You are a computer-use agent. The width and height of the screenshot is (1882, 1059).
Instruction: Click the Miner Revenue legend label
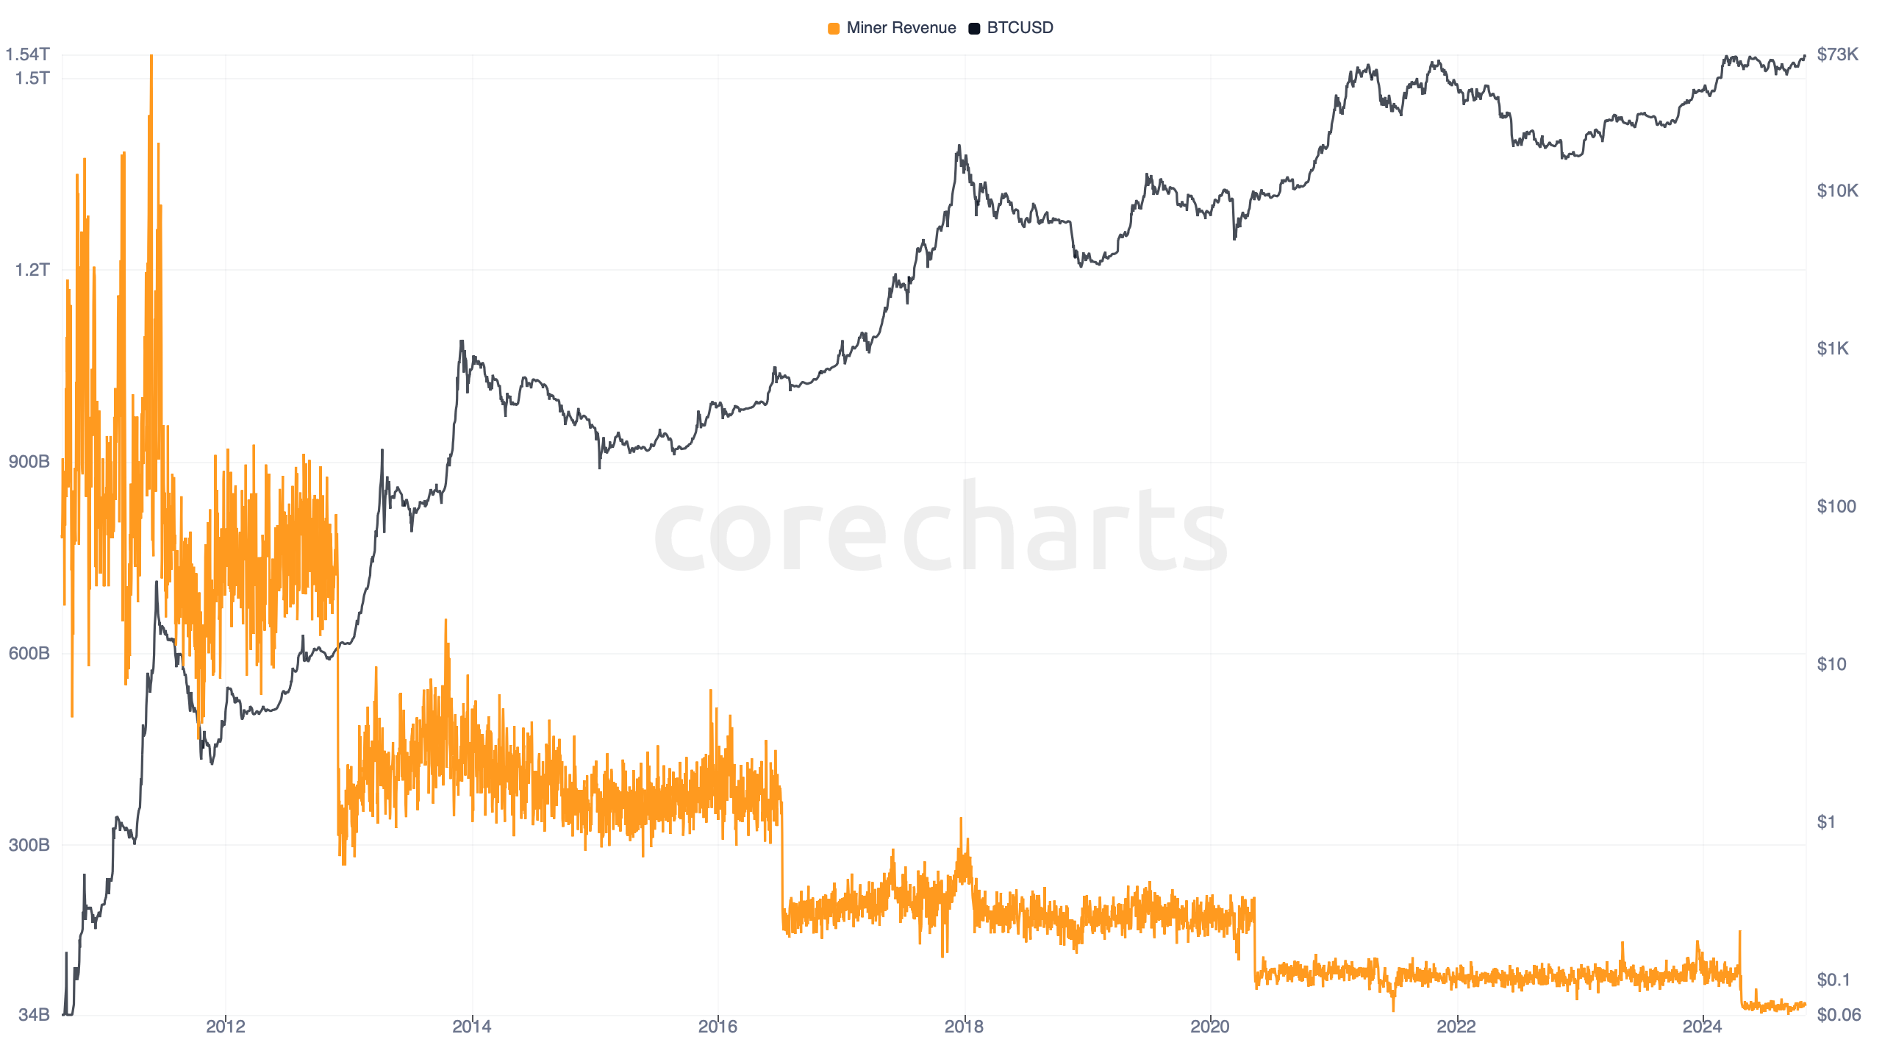(901, 28)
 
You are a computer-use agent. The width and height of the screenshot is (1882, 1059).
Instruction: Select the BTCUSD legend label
(1020, 28)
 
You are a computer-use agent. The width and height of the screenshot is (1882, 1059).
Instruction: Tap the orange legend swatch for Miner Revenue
(834, 29)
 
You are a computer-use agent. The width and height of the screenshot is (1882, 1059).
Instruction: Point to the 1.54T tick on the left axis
(28, 54)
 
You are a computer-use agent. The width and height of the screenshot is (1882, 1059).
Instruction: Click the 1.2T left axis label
(32, 270)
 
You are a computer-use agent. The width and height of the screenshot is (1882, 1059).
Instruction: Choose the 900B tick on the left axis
(29, 462)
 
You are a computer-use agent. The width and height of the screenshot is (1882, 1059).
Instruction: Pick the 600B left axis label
(29, 653)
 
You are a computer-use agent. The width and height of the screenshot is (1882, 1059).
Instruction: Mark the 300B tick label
(29, 844)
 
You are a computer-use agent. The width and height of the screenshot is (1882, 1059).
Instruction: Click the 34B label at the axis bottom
(34, 1015)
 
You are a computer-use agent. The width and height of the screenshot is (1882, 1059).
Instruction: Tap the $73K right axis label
(1837, 54)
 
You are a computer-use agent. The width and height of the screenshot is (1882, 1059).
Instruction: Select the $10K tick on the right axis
(1837, 191)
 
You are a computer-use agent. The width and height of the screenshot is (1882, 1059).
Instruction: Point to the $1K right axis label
(1832, 349)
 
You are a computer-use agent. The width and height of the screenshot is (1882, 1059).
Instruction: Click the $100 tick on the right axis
(1836, 507)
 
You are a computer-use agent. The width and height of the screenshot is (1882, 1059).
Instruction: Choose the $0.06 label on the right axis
(1839, 1015)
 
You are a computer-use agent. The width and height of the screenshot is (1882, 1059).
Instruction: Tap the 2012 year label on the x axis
(226, 1027)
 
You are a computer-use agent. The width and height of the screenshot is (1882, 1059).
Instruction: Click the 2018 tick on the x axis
(964, 1027)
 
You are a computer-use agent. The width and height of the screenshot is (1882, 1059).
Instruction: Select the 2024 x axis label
(1702, 1027)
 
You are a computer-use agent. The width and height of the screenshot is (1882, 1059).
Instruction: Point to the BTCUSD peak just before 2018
(959, 146)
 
